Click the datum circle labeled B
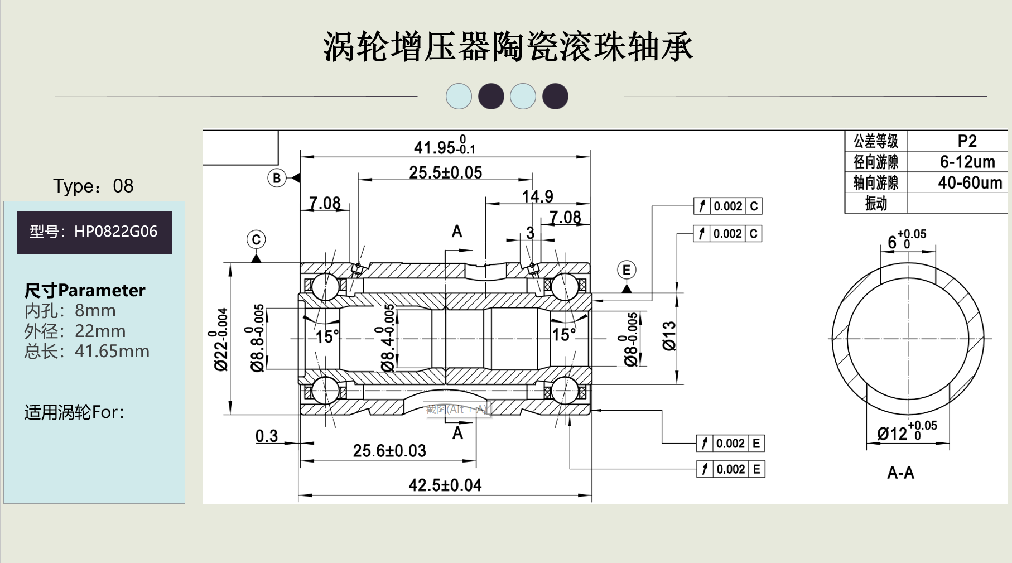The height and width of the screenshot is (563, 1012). tap(277, 178)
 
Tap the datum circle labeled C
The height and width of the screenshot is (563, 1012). tap(256, 240)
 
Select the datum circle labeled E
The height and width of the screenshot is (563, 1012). tap(627, 270)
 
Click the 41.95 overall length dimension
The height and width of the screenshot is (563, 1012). tap(444, 147)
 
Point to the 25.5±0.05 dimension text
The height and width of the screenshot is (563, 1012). tap(445, 172)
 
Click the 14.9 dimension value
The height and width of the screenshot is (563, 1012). tap(537, 196)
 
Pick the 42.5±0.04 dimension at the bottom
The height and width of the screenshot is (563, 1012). tap(445, 485)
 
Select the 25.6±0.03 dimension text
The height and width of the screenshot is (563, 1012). tap(389, 450)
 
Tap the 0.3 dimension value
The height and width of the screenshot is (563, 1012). tap(267, 436)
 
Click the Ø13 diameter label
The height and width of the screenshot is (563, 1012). tap(669, 336)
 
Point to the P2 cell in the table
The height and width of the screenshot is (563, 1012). tap(967, 141)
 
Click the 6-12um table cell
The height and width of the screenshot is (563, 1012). tap(967, 162)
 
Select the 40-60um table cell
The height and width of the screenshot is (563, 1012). tap(970, 182)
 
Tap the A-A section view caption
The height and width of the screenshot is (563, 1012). tap(900, 473)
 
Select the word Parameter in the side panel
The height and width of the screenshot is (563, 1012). tap(102, 291)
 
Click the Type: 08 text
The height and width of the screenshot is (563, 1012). tap(93, 186)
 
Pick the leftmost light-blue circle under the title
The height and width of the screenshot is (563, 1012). tap(459, 96)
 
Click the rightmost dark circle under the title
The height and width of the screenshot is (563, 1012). tap(555, 96)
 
